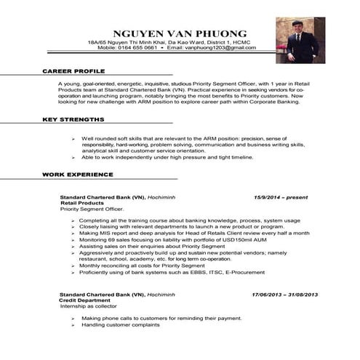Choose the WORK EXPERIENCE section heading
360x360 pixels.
pos(76,175)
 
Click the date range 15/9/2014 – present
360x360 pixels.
pos(281,197)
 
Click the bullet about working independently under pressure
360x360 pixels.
pos(172,157)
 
